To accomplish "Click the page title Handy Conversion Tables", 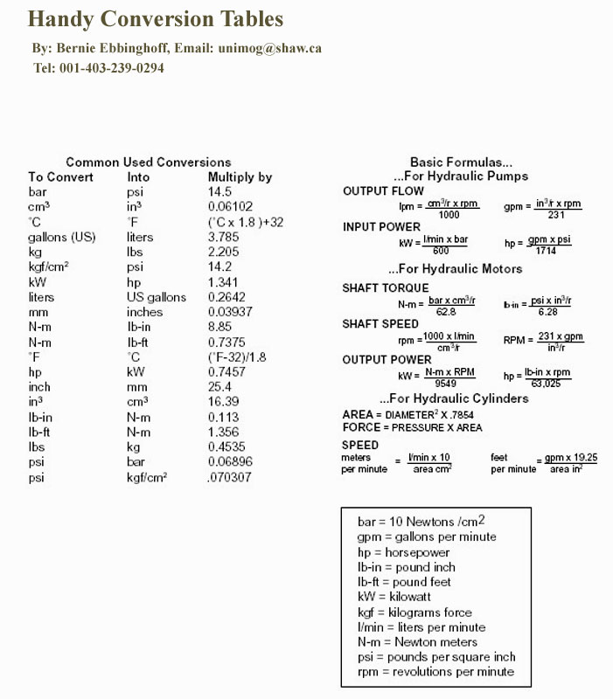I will (x=156, y=18).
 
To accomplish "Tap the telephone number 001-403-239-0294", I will (x=112, y=68).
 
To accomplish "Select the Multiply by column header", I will (x=240, y=176).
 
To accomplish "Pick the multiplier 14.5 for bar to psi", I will (x=219, y=191).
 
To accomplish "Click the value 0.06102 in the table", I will (x=231, y=206).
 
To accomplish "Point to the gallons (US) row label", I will (x=61, y=237).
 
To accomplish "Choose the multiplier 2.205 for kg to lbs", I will (x=223, y=252).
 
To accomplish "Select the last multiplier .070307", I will (x=230, y=477).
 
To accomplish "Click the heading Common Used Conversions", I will (x=149, y=162).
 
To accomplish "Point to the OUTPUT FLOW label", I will (x=383, y=191).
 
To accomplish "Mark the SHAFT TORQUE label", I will (x=386, y=287).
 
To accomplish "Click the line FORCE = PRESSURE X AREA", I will (x=412, y=427).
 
